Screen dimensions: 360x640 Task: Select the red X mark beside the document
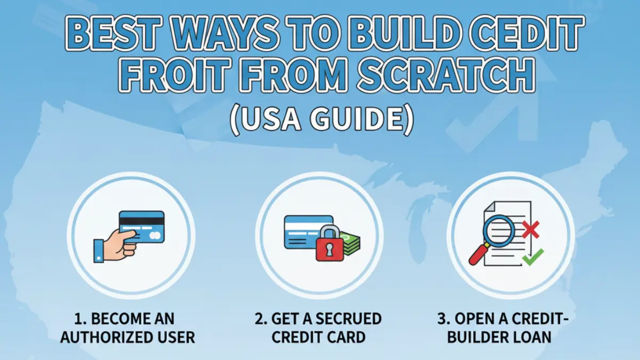pyautogui.click(x=531, y=230)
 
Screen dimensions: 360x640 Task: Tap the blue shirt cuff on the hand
pyautogui.click(x=99, y=250)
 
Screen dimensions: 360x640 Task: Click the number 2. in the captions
pyautogui.click(x=261, y=319)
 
